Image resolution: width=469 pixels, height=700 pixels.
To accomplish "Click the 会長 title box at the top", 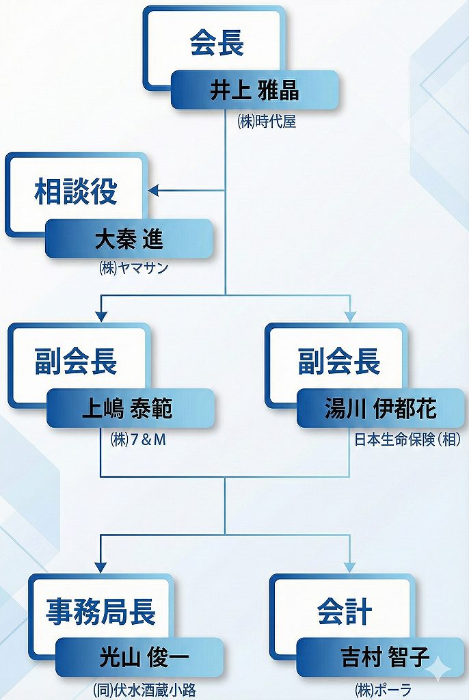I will (216, 42).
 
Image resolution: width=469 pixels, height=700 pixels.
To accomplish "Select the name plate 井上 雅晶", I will (254, 90).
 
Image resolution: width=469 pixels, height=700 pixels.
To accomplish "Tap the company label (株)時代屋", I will (267, 124).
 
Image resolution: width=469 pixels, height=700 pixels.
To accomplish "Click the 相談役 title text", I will (76, 192).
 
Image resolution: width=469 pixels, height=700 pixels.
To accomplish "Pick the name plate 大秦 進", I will (129, 240).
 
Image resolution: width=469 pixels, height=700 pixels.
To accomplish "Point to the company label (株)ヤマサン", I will (133, 269).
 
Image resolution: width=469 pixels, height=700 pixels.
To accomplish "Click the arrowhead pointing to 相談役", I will (155, 191).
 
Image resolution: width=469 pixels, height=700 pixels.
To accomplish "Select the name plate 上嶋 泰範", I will (129, 409).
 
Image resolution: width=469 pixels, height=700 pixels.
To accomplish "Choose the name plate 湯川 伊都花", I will (380, 409).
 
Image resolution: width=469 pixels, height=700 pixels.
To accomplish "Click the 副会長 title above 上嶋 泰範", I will (77, 362).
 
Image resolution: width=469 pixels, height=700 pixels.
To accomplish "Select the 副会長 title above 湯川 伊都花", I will (339, 362).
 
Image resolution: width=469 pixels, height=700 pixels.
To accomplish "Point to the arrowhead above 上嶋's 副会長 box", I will (101, 315).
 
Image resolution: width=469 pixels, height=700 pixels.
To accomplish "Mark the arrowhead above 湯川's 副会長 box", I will (350, 315).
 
